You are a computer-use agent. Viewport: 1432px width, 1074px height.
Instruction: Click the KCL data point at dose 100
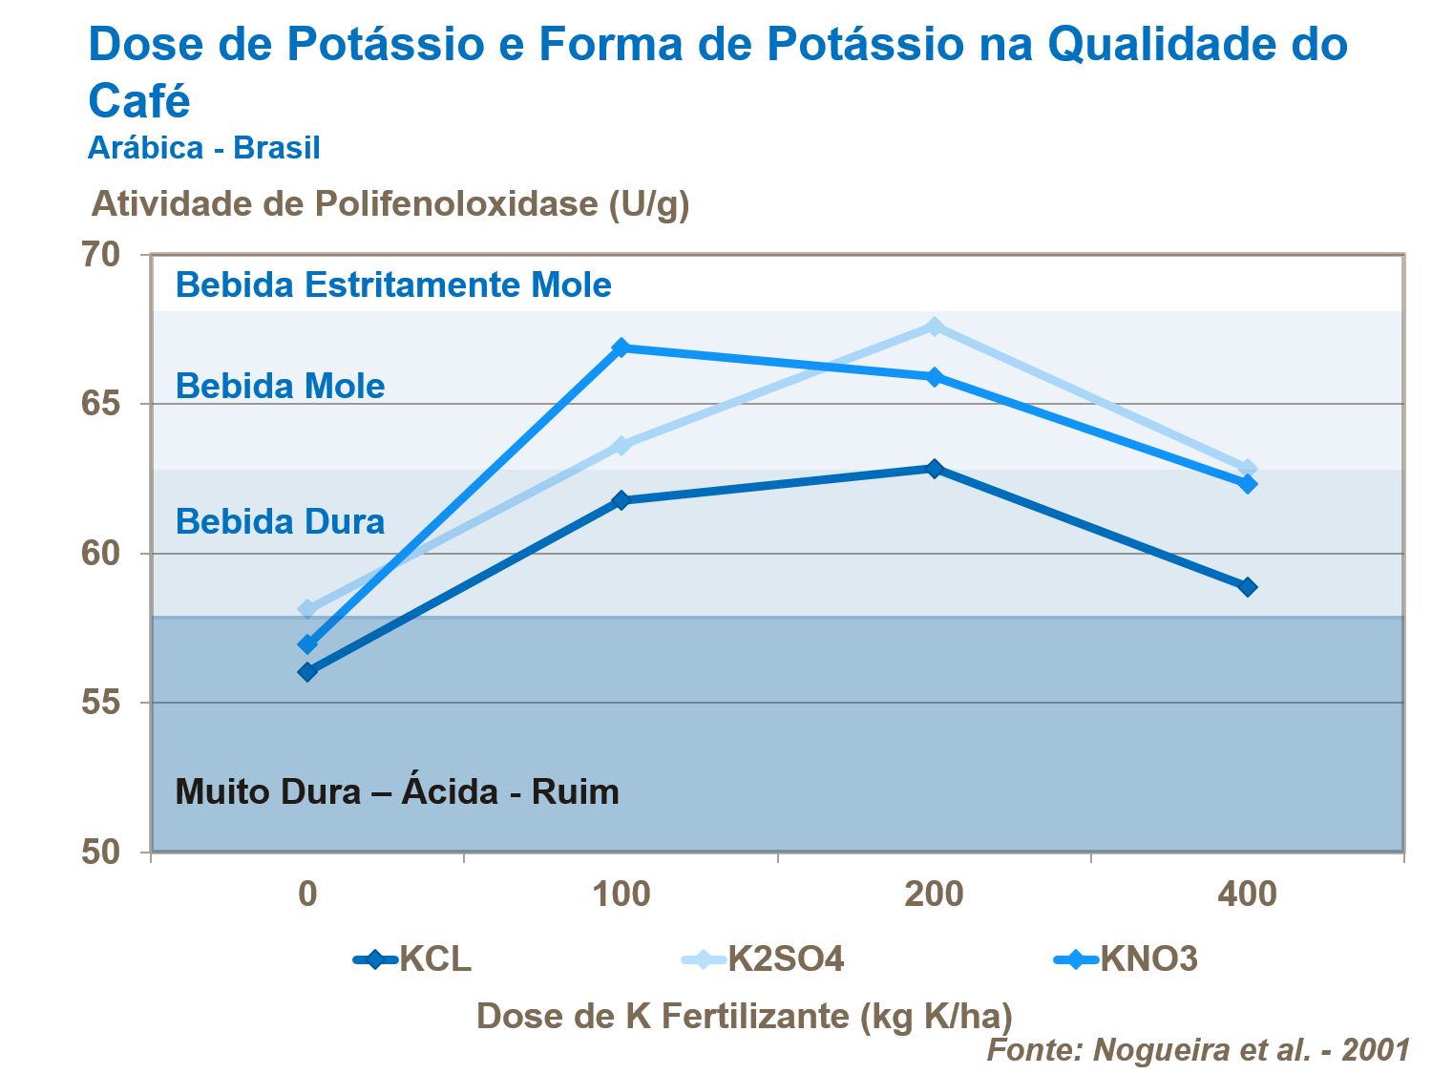coord(621,500)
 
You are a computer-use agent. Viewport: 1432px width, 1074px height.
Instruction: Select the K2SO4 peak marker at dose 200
coord(934,326)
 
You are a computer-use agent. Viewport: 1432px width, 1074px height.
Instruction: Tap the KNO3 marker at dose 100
coord(621,347)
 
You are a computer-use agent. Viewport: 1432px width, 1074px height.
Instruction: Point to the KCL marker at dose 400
coord(1247,587)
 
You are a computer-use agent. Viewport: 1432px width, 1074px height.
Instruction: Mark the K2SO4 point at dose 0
coord(307,609)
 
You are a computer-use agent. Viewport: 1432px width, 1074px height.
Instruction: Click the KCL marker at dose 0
coord(307,672)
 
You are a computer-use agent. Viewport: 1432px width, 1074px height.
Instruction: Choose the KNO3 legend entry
coord(1127,958)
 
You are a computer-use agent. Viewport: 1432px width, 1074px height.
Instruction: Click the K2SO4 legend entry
coord(764,958)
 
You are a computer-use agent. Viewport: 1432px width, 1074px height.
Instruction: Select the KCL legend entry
coord(413,958)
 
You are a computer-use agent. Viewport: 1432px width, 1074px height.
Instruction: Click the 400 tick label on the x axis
coord(1247,895)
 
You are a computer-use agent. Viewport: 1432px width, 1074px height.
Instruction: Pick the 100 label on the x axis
coord(621,895)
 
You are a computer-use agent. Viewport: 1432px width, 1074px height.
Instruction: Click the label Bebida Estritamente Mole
coord(393,285)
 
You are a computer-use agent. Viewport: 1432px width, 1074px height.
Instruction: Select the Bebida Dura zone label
coord(280,522)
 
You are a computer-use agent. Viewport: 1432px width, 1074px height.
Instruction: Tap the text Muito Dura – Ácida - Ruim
coord(397,792)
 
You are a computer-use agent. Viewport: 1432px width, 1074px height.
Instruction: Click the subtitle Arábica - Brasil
coord(203,148)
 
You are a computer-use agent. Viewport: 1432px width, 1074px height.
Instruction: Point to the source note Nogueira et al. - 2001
coord(1198,1049)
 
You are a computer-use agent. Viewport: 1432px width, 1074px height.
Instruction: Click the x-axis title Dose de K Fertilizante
coord(744,1016)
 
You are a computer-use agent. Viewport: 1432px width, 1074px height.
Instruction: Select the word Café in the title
coord(139,100)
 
